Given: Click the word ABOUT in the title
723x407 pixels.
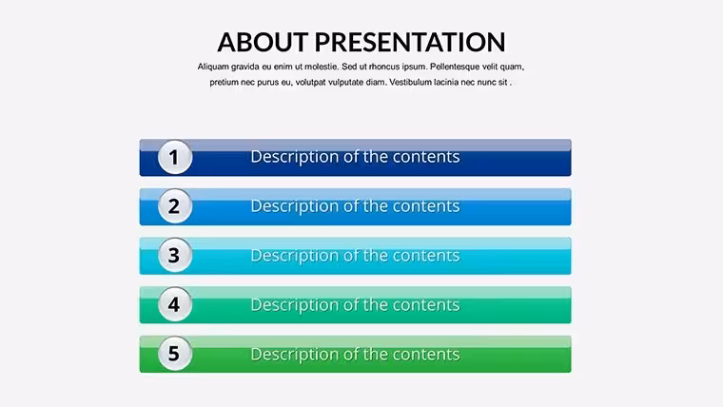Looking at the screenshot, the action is tap(263, 42).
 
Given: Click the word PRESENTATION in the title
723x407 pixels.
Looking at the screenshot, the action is tap(410, 42).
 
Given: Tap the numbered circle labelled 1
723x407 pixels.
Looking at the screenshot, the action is tap(175, 157).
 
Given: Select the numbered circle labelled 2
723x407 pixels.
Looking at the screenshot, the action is tap(175, 206).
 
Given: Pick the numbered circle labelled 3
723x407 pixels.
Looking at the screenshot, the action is tap(175, 255).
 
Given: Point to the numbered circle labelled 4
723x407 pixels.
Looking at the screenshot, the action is tap(175, 304).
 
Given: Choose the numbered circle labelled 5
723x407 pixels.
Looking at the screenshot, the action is tap(175, 354).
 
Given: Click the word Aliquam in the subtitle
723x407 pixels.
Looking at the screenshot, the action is tap(213, 67).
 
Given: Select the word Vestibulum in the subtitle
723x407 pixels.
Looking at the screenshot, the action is tap(410, 82).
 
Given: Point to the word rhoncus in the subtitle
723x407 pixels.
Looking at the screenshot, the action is tap(384, 67).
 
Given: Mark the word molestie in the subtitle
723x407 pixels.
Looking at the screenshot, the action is tap(322, 67).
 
